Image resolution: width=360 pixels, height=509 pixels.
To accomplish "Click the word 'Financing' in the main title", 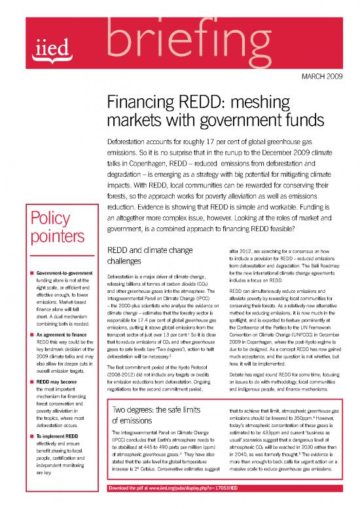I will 140,104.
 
